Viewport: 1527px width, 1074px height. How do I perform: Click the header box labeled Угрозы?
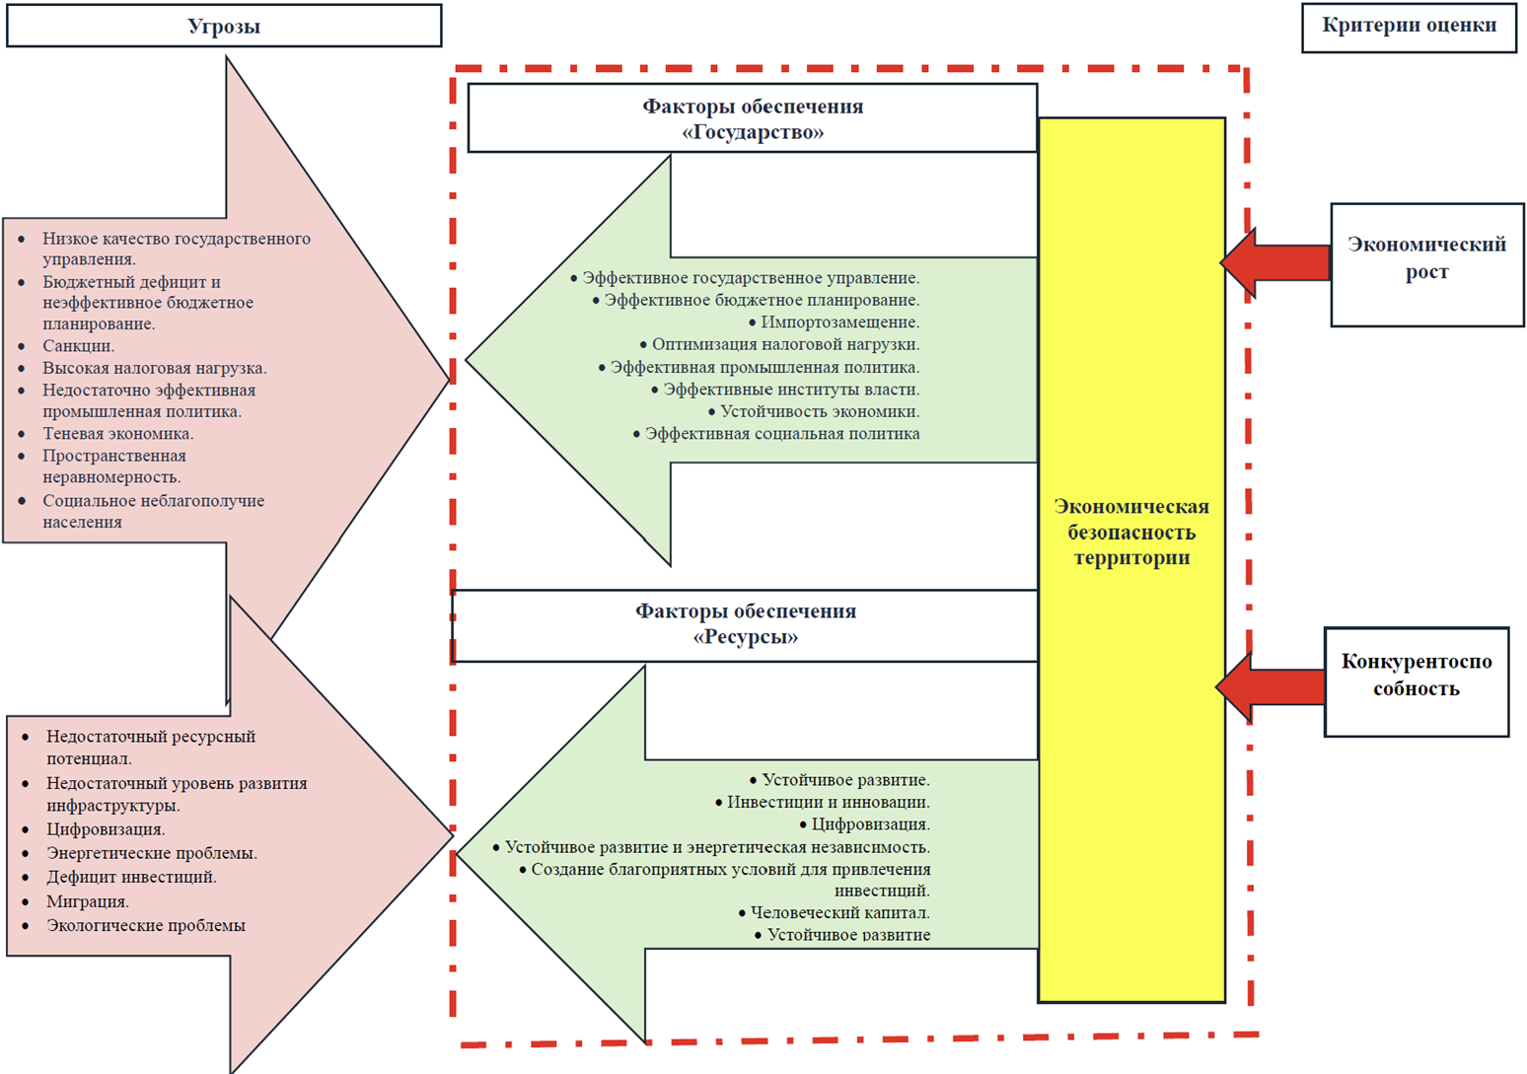224,27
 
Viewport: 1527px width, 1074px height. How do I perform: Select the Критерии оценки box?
1409,27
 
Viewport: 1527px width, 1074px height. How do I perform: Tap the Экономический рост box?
1426,258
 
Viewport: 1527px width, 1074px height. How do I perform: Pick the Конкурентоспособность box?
1416,676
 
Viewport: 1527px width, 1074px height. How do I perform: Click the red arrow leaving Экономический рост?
1275,263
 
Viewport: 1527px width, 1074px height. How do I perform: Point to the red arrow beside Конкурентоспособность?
1271,686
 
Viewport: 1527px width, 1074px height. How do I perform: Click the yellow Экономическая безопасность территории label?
1131,533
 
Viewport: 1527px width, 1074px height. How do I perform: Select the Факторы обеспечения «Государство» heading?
753,119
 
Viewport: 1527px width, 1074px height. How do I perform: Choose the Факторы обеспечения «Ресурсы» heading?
746,624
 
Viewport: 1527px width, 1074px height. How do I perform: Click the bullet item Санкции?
78,346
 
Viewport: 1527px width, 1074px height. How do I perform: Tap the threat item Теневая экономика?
117,434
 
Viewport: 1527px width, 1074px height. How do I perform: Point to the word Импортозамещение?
839,322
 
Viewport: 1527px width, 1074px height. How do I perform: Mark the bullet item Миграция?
88,901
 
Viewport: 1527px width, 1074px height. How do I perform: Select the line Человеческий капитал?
839,912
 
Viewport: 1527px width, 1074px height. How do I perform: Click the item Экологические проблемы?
146,925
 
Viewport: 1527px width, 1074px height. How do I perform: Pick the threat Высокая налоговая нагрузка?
154,368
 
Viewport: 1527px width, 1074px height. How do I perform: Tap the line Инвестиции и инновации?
828,802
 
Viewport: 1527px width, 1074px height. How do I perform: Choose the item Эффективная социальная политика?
782,434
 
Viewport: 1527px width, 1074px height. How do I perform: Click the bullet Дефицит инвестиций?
131,877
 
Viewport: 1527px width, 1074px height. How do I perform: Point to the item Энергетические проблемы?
151,853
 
